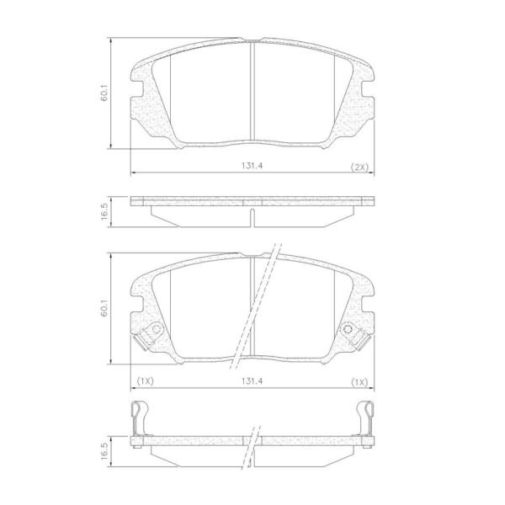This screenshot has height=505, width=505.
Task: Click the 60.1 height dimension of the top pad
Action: [x=104, y=93]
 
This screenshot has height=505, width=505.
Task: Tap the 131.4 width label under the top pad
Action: [x=252, y=166]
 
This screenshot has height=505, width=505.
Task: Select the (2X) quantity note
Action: [x=359, y=167]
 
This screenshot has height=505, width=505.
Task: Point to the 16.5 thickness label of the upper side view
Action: [x=104, y=211]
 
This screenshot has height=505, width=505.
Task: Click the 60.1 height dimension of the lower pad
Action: [x=104, y=308]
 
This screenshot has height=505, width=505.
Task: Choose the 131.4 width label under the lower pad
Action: [x=252, y=381]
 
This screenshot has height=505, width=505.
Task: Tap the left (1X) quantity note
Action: [x=146, y=381]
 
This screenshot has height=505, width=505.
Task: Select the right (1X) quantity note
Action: [x=359, y=382]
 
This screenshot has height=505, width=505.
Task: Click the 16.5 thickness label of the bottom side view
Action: [x=104, y=451]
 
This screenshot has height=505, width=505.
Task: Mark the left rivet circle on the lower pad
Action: [x=157, y=329]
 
